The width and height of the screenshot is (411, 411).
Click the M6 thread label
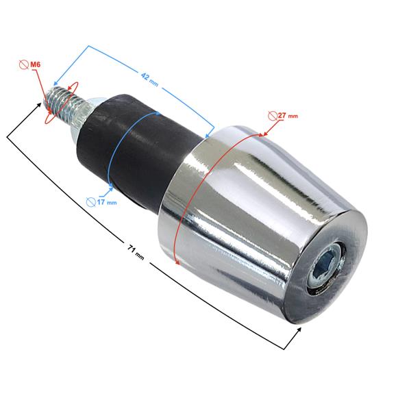[36, 64]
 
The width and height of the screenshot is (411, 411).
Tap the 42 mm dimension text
[149, 79]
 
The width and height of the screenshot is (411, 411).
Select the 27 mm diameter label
[288, 116]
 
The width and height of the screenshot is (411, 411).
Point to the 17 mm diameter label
[107, 202]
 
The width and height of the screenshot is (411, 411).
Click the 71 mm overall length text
[136, 252]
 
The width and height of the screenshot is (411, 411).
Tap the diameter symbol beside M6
[24, 65]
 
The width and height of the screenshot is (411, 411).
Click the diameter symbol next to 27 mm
[273, 116]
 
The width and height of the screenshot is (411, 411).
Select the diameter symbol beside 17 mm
[91, 202]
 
